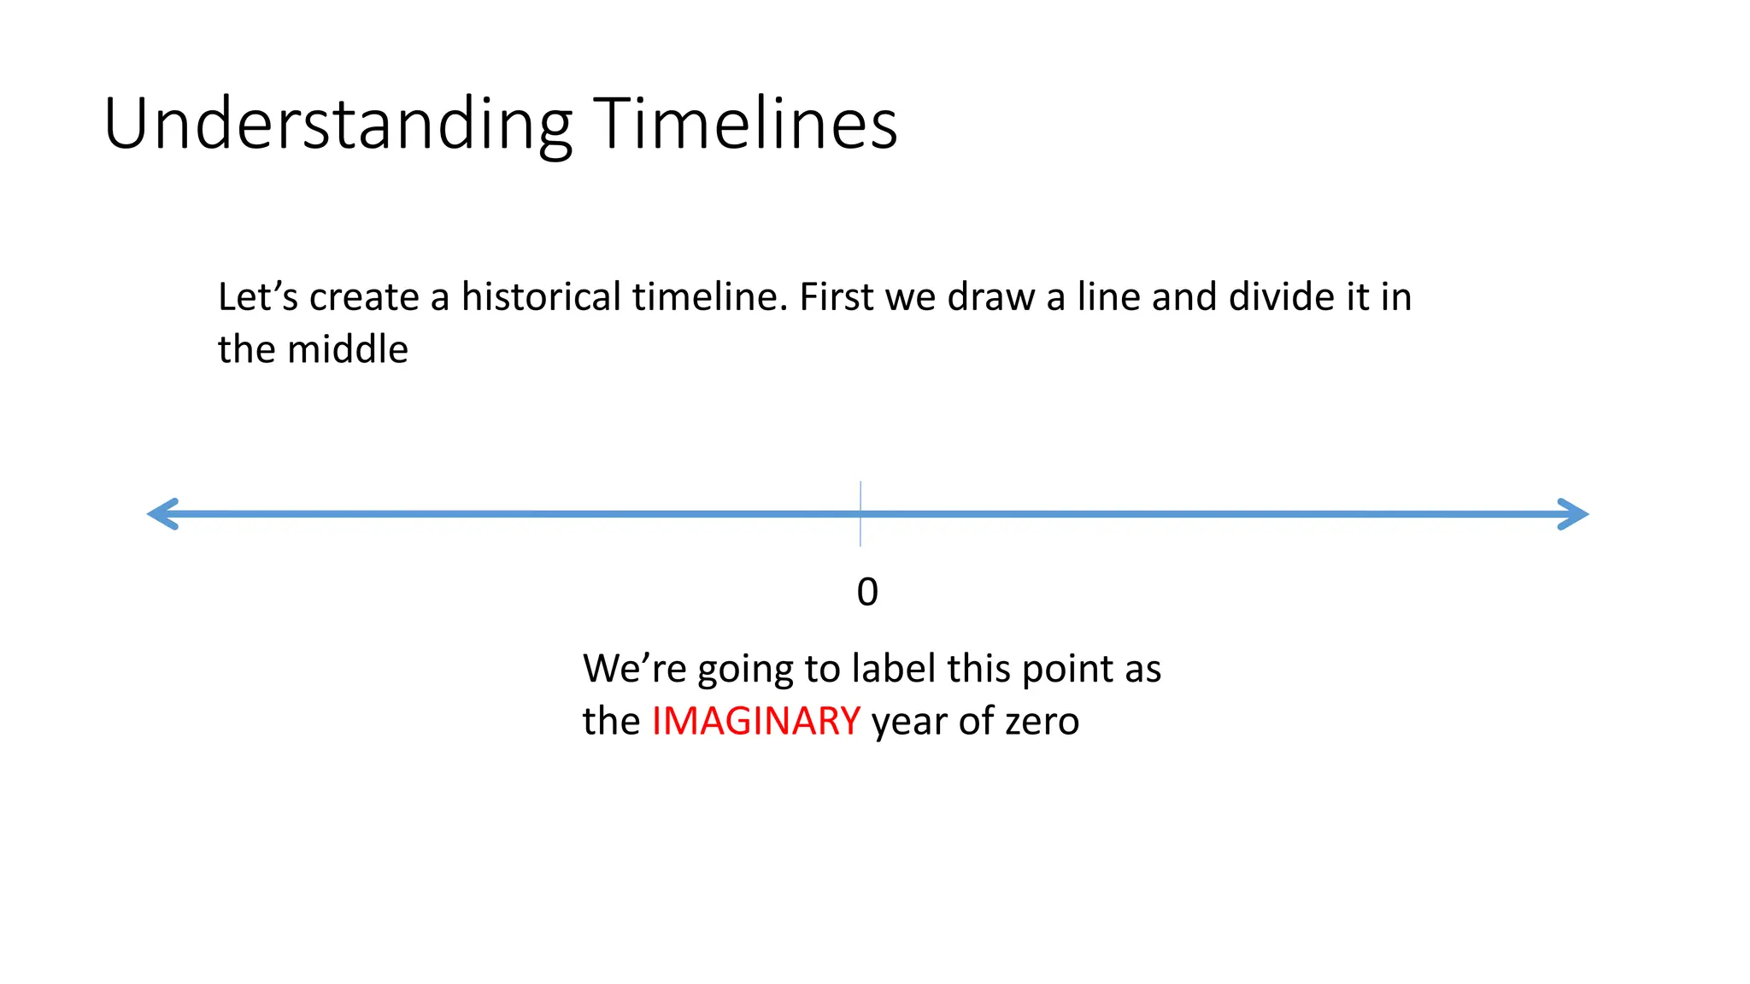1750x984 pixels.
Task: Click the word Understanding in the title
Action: [338, 126]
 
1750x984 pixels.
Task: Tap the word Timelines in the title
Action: [744, 124]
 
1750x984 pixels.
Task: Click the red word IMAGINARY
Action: [755, 721]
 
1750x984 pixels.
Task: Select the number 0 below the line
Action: [867, 592]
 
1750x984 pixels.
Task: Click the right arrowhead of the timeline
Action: [1571, 514]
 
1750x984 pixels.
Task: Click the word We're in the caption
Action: [634, 668]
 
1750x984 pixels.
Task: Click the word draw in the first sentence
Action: [993, 297]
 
